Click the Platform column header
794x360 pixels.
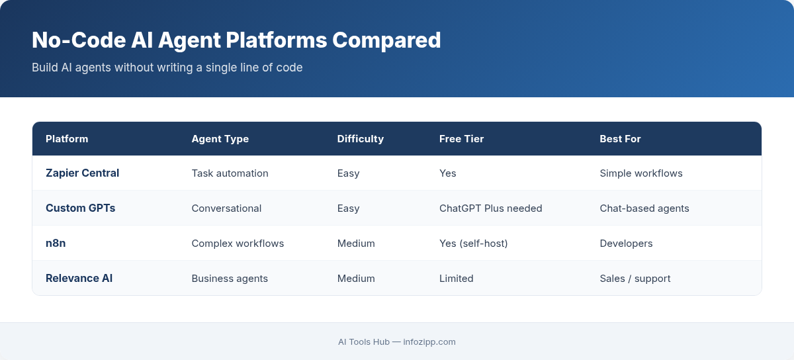pos(67,139)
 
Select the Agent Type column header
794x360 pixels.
pos(220,139)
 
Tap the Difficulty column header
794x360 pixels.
pos(361,139)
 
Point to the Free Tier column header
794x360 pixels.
pos(462,139)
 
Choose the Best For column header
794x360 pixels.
pos(620,139)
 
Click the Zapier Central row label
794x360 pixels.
pos(83,173)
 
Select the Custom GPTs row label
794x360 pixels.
pos(81,208)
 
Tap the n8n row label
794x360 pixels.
pos(56,244)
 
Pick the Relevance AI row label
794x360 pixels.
pos(79,279)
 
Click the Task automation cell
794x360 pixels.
pos(230,173)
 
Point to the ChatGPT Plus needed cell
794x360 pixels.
pos(491,208)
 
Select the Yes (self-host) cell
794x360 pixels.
pos(474,244)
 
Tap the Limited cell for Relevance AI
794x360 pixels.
pos(457,279)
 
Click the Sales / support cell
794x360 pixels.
pos(635,279)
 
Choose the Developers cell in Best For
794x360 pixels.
pos(626,244)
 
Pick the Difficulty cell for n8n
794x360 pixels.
pos(356,244)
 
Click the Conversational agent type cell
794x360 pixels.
pos(226,208)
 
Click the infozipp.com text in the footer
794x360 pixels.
pos(429,342)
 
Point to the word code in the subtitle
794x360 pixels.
pos(289,67)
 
